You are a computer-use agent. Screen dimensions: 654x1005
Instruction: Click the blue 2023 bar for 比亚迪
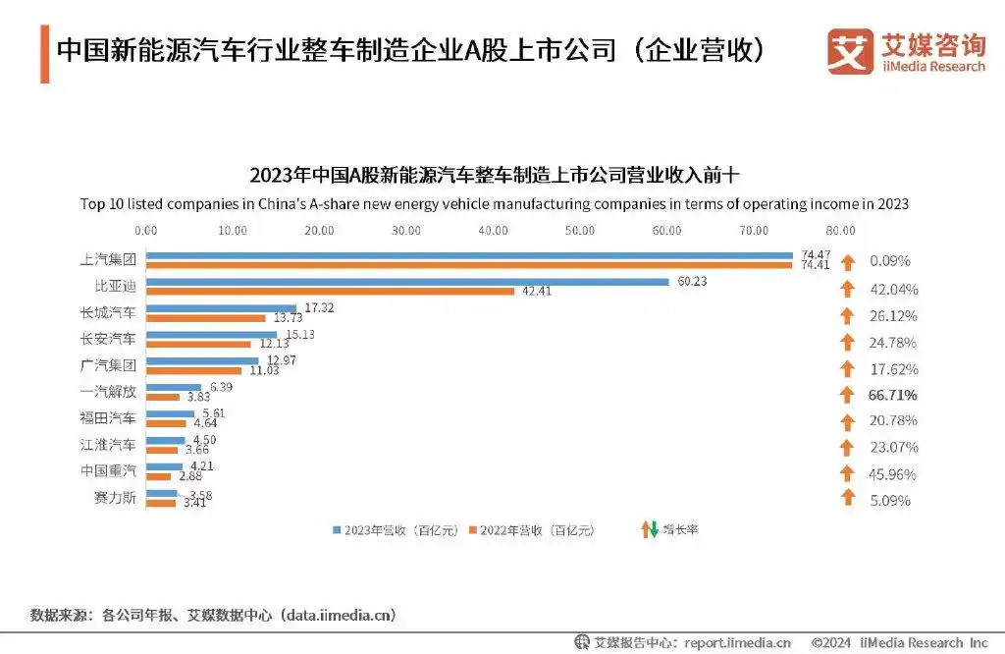(x=407, y=282)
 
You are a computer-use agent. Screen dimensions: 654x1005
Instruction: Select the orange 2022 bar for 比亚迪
(x=330, y=291)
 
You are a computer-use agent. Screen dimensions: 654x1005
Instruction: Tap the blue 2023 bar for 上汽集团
(x=469, y=255)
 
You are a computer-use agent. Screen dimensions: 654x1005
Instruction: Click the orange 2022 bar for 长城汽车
(x=206, y=317)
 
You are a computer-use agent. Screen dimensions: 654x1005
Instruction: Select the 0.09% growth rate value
(x=889, y=262)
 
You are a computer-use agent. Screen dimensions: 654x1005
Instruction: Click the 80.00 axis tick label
(x=840, y=231)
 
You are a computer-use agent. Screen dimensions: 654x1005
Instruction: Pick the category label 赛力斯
(x=114, y=498)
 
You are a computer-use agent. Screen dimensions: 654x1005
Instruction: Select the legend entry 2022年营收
(x=531, y=529)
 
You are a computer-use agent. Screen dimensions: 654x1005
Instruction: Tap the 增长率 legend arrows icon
(x=649, y=529)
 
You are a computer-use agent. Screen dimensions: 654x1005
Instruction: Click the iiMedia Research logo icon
(x=850, y=51)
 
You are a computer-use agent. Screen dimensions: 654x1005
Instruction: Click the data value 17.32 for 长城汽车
(x=320, y=307)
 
